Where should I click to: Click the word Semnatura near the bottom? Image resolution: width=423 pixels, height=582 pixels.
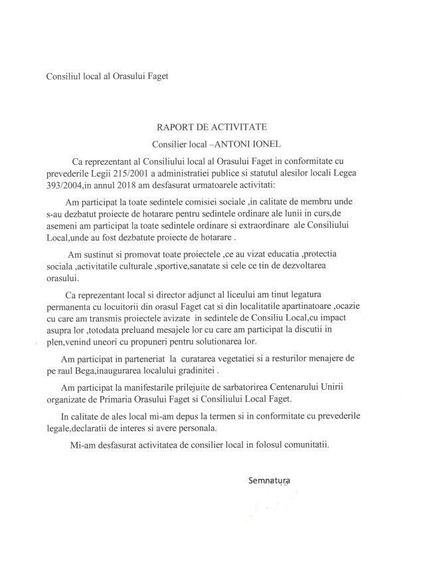[268, 479]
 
